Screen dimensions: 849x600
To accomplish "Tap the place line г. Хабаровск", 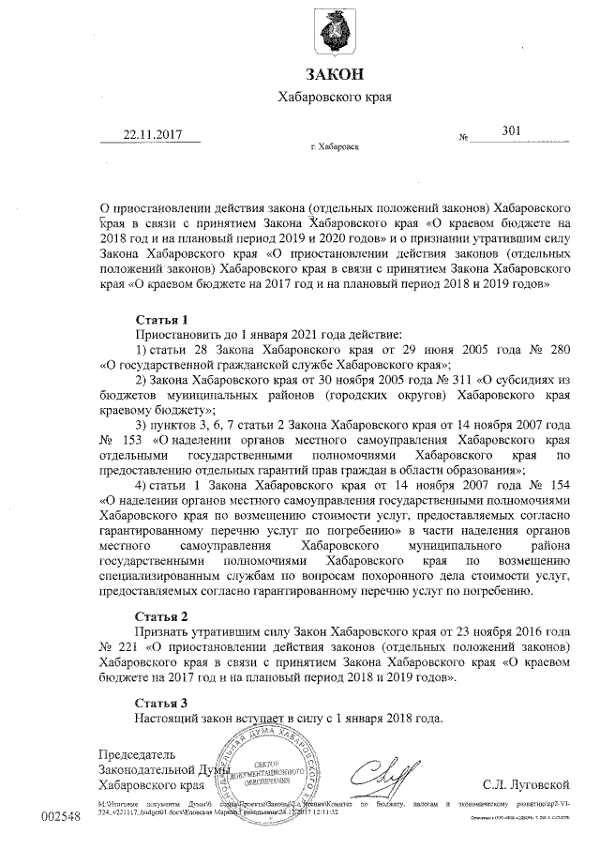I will [x=333, y=147].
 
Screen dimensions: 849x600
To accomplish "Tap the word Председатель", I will [x=137, y=753].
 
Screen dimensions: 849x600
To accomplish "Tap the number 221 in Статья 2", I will [x=127, y=647].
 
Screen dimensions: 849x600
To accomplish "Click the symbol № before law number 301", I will [x=463, y=139].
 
